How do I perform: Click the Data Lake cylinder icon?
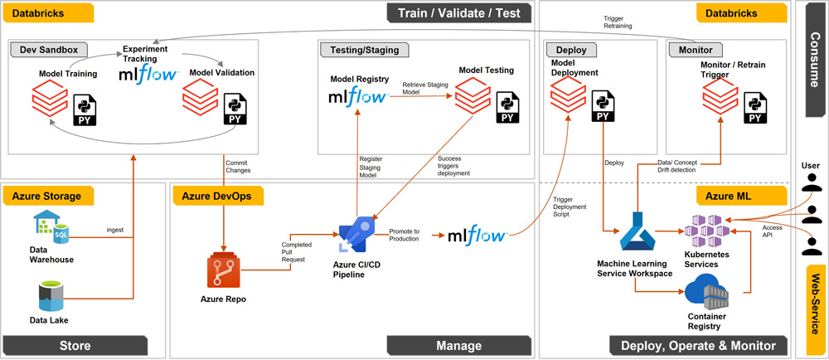coord(51,295)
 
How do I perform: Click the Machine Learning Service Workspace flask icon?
coord(636,231)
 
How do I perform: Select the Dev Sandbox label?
coord(48,50)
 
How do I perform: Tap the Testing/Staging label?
coord(366,50)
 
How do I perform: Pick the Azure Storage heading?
coord(46,196)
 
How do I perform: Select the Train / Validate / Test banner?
coord(462,13)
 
